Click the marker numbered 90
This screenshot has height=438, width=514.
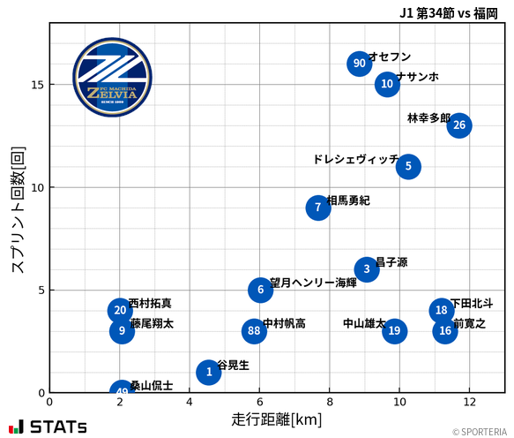359,64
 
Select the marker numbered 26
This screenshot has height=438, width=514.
459,125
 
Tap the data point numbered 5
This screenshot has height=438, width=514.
408,166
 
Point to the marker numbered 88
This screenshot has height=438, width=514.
254,331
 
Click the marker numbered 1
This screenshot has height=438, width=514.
209,372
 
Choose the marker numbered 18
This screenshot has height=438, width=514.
442,310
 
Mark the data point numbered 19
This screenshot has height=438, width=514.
394,331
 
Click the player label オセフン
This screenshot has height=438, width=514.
390,57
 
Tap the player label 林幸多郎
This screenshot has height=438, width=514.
428,118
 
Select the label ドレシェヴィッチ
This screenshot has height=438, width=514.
355,160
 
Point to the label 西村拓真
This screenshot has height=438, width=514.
150,303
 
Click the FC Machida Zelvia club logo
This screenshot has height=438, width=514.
112,78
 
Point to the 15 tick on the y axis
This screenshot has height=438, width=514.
37,85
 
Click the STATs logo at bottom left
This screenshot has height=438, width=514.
48,427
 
